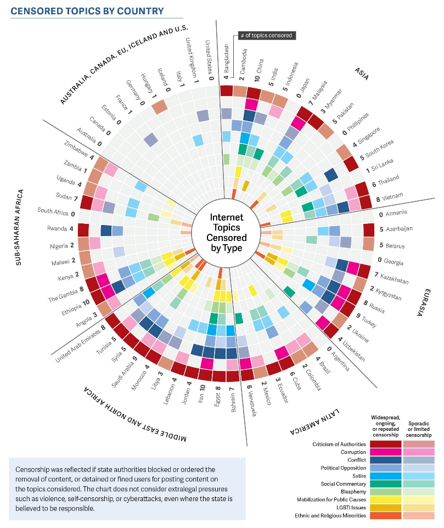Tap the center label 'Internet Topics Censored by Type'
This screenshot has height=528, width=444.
click(x=226, y=228)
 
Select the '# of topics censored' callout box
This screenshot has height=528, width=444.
click(x=266, y=36)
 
